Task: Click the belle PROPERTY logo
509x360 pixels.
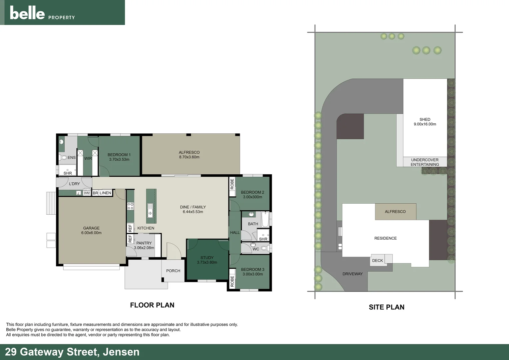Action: [x=42, y=13]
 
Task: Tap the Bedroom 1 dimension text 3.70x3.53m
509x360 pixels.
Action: [x=119, y=160]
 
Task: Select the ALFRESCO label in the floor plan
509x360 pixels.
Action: [x=189, y=152]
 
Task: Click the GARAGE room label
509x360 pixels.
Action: [x=91, y=228]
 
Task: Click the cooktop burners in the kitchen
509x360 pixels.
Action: [x=130, y=206]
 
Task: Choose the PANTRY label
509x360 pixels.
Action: [x=144, y=243]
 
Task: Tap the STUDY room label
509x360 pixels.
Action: [x=207, y=258]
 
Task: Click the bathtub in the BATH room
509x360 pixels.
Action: [x=265, y=219]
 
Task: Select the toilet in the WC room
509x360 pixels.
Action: [x=264, y=248]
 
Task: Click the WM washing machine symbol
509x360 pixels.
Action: [x=87, y=193]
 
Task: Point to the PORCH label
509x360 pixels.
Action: [x=173, y=271]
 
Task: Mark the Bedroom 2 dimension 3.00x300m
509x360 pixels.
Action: [x=253, y=197]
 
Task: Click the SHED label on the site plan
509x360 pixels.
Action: [x=425, y=119]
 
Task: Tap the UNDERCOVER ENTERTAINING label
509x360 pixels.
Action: [x=425, y=162]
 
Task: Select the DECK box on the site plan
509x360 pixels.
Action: [x=378, y=260]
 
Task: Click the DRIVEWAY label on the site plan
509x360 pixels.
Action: [x=352, y=274]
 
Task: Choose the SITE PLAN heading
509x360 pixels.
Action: [x=386, y=307]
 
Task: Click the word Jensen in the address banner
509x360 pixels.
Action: [x=121, y=352]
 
